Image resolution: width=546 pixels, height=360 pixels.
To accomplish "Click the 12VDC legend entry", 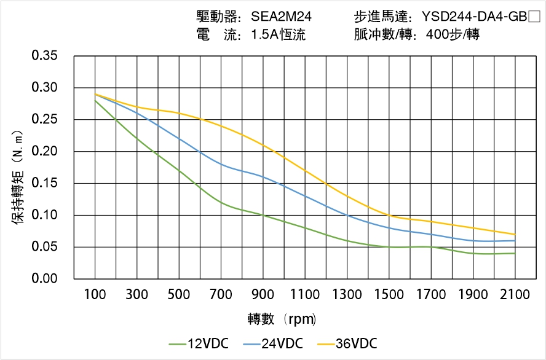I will click(x=199, y=343).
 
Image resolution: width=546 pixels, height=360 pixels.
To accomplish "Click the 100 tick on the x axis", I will click(x=95, y=295).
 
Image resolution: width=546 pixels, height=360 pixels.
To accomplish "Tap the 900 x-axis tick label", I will click(x=263, y=295).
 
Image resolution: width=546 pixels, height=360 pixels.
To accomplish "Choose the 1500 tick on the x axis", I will click(x=389, y=295).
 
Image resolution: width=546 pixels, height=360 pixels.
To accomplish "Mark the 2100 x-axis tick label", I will click(x=515, y=295).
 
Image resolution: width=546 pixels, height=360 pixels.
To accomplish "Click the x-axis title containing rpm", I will click(x=282, y=319).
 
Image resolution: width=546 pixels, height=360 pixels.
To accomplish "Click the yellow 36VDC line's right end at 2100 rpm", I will click(x=515, y=234).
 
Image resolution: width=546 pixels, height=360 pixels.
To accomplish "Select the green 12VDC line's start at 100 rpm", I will click(x=95, y=100).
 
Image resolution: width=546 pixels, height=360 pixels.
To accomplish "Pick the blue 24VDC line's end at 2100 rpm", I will click(x=515, y=240).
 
